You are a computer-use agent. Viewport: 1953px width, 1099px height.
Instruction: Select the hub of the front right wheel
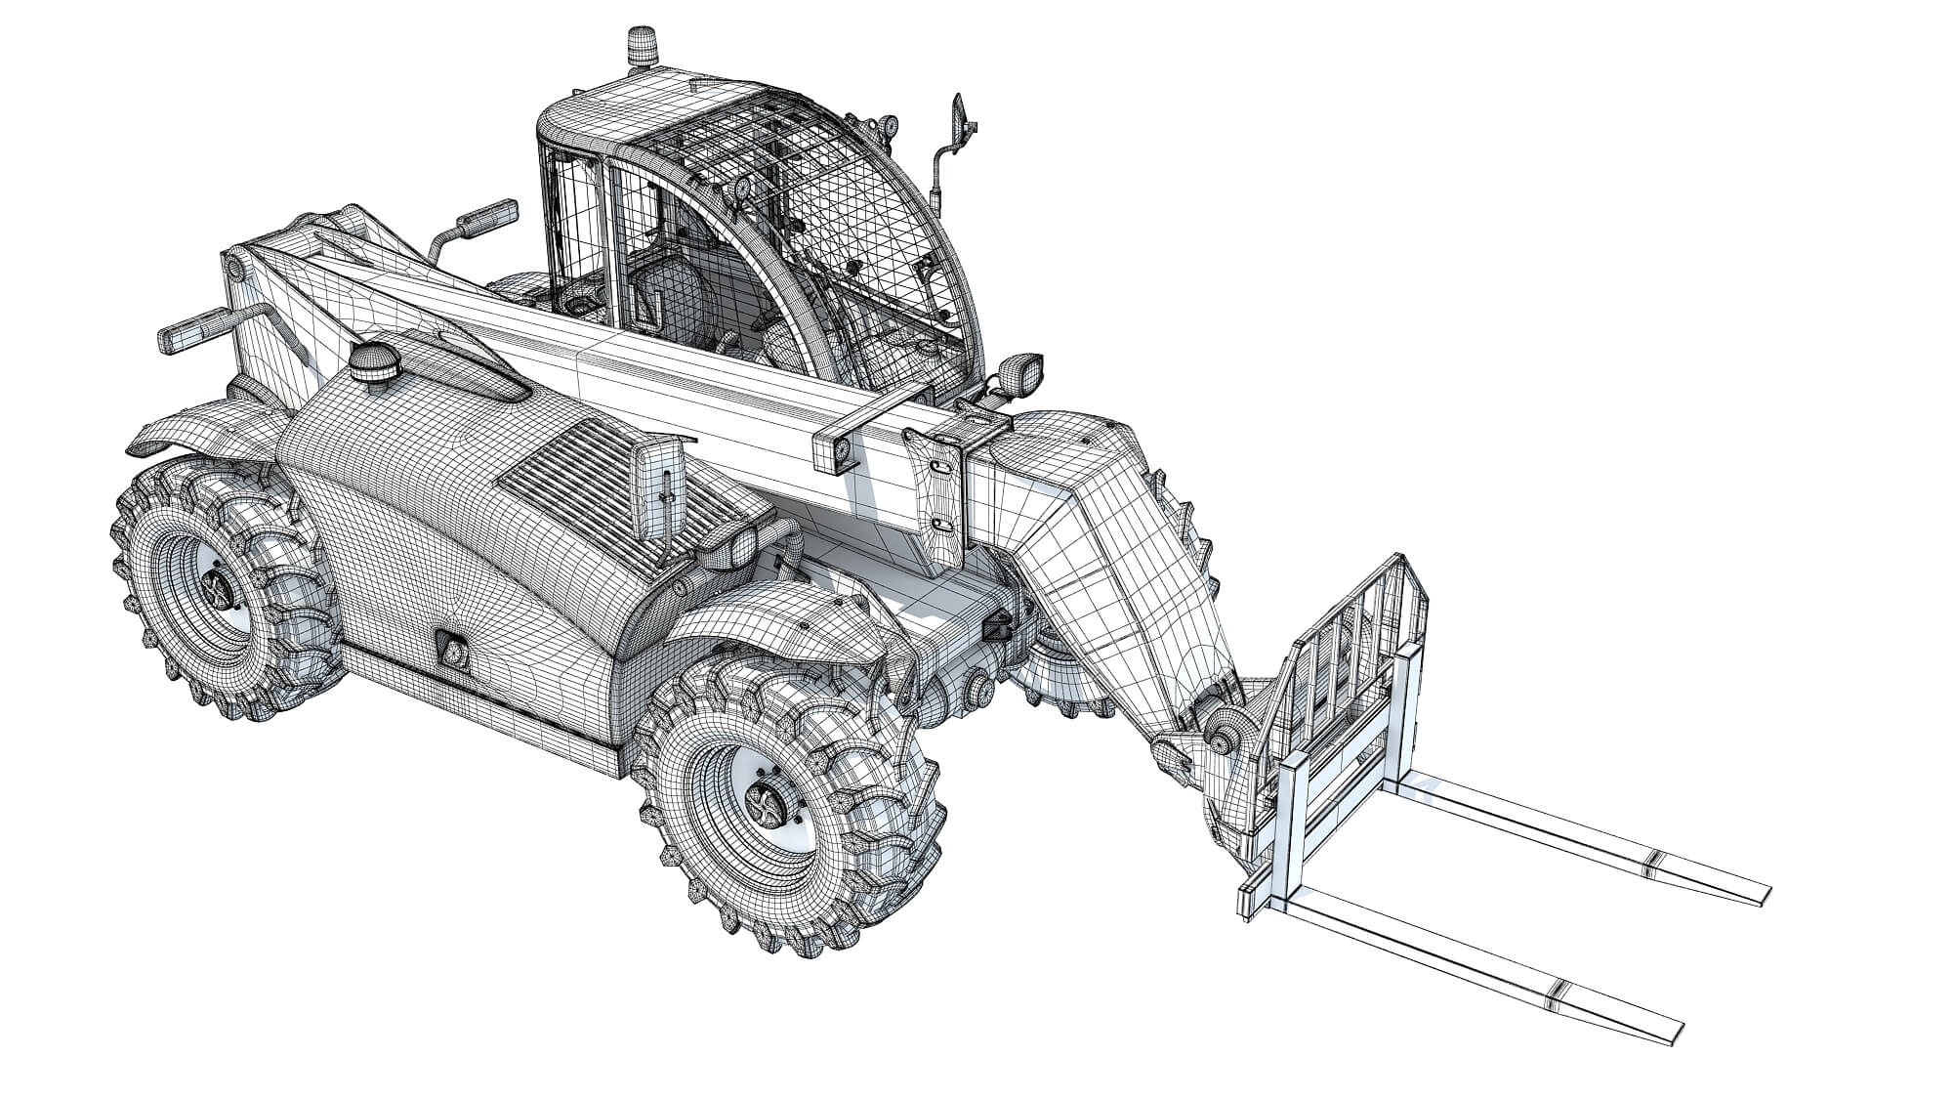768,804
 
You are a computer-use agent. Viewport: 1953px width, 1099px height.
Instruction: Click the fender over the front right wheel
781,625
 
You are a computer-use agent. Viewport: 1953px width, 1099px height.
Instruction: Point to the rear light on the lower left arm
192,331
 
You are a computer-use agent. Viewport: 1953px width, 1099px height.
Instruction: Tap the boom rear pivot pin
232,267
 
